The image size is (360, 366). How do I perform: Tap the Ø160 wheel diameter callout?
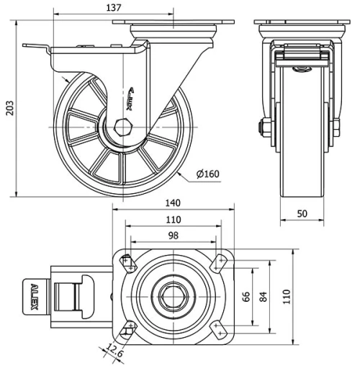207,174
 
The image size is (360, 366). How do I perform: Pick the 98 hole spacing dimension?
174,236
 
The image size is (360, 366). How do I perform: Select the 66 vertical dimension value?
245,298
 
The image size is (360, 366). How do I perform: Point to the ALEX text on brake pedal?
35,297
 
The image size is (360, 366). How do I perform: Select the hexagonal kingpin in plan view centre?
173,296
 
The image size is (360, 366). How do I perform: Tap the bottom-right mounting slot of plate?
218,330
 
